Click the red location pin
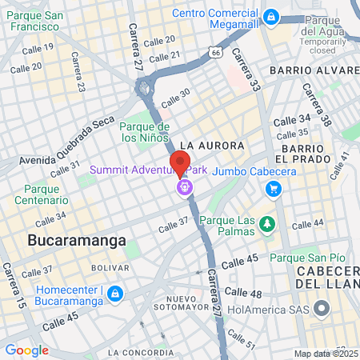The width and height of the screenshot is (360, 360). [x=180, y=161]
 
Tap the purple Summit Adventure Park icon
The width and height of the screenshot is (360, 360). [x=184, y=188]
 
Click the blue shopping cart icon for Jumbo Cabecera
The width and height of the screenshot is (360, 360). [x=274, y=189]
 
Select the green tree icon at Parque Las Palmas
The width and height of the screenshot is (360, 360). [x=267, y=222]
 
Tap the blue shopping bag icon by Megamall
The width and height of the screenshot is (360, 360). [x=271, y=16]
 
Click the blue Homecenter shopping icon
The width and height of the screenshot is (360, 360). [x=115, y=294]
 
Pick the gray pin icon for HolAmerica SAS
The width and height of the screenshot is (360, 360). [x=322, y=307]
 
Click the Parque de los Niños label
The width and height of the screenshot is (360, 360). [x=145, y=131]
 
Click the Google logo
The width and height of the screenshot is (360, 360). [x=26, y=350]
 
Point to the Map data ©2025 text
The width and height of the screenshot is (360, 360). [x=326, y=354]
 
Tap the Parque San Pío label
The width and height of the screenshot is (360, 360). [x=307, y=258]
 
